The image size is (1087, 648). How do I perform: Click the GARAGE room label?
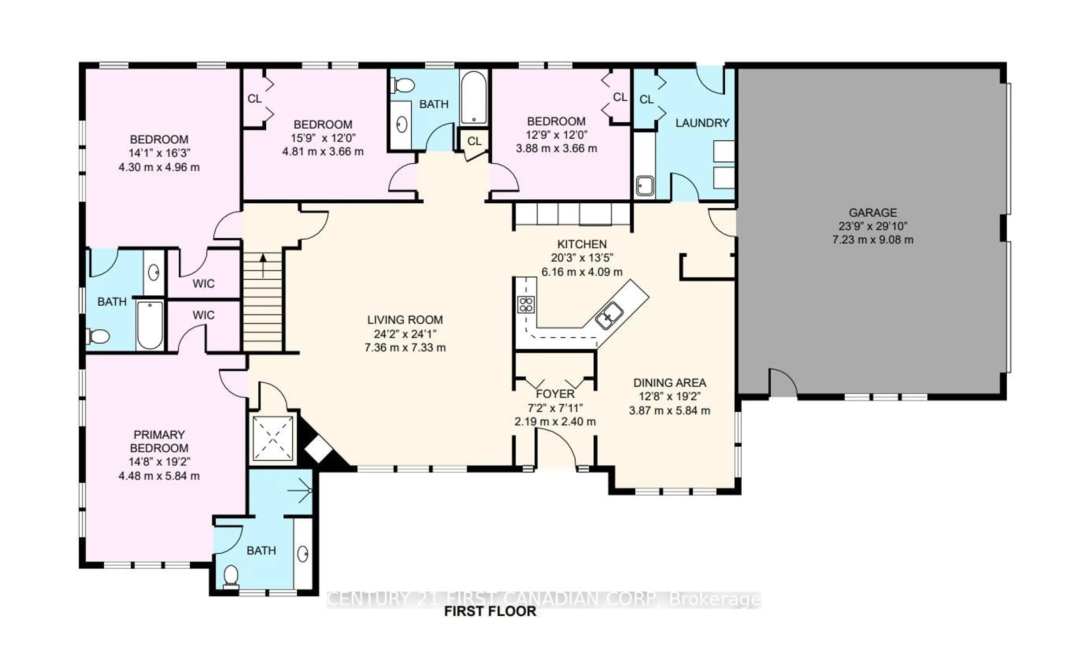coord(872,213)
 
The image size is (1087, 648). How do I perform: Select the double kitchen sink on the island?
coord(609,315)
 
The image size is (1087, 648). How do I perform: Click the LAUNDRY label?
coord(702,123)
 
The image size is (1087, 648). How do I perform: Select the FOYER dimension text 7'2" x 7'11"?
coord(555,408)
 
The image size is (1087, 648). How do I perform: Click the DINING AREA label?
coord(669,383)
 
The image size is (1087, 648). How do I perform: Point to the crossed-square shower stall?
coord(273,438)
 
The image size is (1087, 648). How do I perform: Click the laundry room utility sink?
coord(645,186)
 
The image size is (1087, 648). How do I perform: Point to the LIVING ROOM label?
coord(405,320)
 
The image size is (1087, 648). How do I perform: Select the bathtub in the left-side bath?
coord(150,325)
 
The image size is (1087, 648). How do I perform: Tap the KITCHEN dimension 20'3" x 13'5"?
coord(582,258)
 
